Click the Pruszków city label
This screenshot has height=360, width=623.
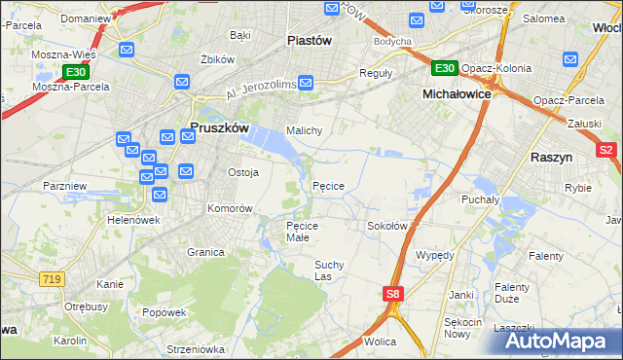220,127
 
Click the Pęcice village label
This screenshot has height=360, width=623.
328,185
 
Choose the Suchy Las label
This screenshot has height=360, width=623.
329,270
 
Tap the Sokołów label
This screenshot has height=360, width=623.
386,225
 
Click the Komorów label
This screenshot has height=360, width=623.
230,208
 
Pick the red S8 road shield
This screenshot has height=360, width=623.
392,294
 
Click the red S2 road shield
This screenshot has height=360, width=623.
606,150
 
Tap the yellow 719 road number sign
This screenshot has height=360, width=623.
53,279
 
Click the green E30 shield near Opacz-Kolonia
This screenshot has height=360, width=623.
444,67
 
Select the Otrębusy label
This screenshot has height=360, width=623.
86,306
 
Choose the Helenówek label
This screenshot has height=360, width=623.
133,220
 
